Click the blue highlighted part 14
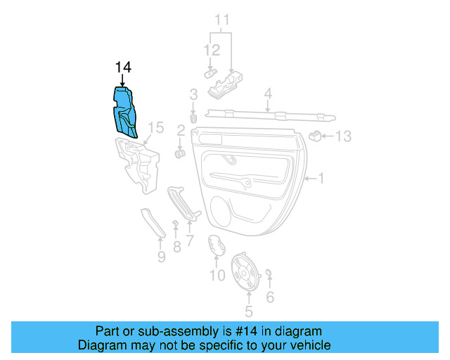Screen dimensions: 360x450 126,111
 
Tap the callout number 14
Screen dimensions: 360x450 123,67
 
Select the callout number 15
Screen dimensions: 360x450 156,127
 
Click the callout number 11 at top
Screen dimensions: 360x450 222,19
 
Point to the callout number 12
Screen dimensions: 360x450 212,51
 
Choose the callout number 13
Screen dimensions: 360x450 342,136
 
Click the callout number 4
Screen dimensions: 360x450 268,94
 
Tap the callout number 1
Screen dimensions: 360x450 321,179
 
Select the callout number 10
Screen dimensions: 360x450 217,276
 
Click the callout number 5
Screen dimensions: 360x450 247,310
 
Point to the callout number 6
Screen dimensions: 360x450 269,297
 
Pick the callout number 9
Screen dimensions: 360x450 161,257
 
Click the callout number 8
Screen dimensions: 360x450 176,247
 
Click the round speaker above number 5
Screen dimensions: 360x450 247,272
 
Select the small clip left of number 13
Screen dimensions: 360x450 318,134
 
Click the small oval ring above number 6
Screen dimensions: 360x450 269,273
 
